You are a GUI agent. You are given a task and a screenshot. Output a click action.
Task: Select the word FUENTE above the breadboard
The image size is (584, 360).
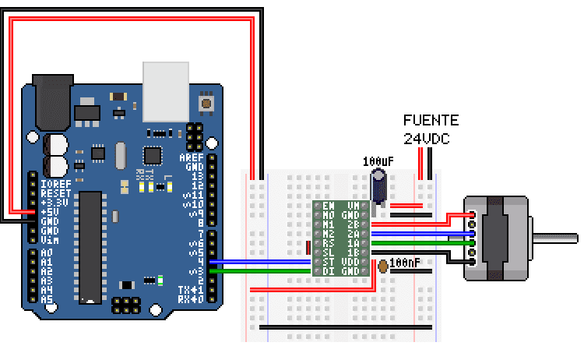coord(431,121)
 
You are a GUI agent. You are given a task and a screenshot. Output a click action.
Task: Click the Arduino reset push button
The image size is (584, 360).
coord(207,102)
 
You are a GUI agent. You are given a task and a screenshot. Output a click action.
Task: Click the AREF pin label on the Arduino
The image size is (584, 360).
coord(192,157)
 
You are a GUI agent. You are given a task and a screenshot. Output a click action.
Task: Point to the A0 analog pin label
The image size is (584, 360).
coord(47,253)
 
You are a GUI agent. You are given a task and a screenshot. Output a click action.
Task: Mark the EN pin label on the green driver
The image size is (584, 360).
coord(329,206)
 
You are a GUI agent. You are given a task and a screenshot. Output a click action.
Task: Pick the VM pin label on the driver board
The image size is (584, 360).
coord(353,206)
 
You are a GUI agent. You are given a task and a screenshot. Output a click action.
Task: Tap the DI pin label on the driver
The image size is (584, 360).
coord(329,270)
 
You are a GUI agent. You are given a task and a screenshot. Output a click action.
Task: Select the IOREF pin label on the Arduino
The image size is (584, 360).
coord(55,183)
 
